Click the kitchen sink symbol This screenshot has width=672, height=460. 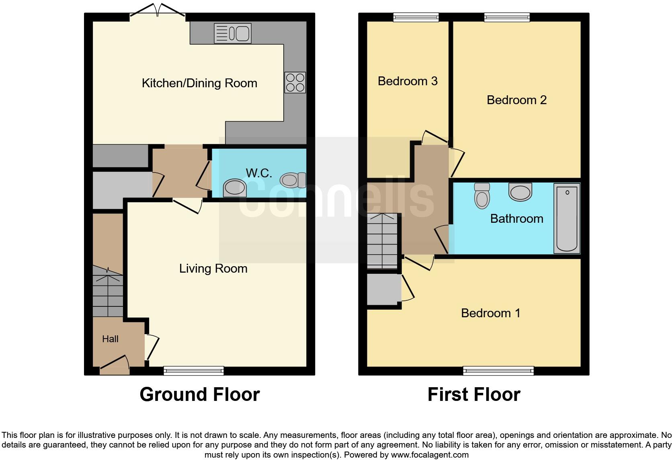233,33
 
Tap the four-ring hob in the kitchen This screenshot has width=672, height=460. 295,82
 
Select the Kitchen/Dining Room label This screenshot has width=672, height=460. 199,83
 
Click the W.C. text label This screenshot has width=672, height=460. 259,173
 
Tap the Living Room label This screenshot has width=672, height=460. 213,268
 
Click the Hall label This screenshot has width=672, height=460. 110,339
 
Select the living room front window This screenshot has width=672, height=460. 194,371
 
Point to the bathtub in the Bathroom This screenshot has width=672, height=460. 567,218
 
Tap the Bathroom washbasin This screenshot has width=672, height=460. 520,192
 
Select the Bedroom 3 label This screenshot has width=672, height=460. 408,81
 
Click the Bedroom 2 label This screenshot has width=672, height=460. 516,100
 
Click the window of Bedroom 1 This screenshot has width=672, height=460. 498,371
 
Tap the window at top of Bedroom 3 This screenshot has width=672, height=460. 416,17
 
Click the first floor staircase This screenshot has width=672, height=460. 382,241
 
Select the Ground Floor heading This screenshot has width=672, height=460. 199,394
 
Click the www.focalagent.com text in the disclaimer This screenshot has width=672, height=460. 430,455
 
